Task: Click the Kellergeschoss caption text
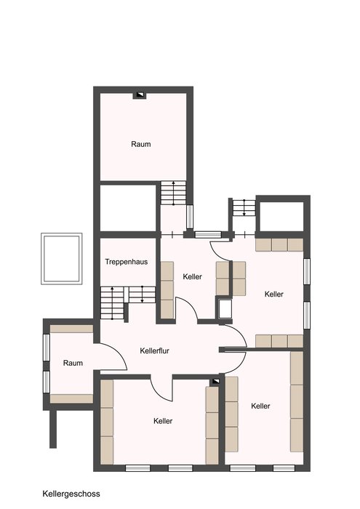point(71,494)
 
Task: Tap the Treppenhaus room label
point(127,262)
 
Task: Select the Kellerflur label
point(154,350)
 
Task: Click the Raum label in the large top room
point(141,144)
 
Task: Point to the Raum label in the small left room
point(73,363)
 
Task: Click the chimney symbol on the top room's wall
point(140,95)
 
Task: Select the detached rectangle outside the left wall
point(61,259)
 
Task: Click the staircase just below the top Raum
point(173,193)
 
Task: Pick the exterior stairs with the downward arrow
point(244,207)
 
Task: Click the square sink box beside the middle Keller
point(225,309)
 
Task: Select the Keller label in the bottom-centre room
point(163,421)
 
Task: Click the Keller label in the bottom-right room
point(260,406)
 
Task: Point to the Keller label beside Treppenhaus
point(192,276)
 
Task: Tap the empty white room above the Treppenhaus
point(128,208)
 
